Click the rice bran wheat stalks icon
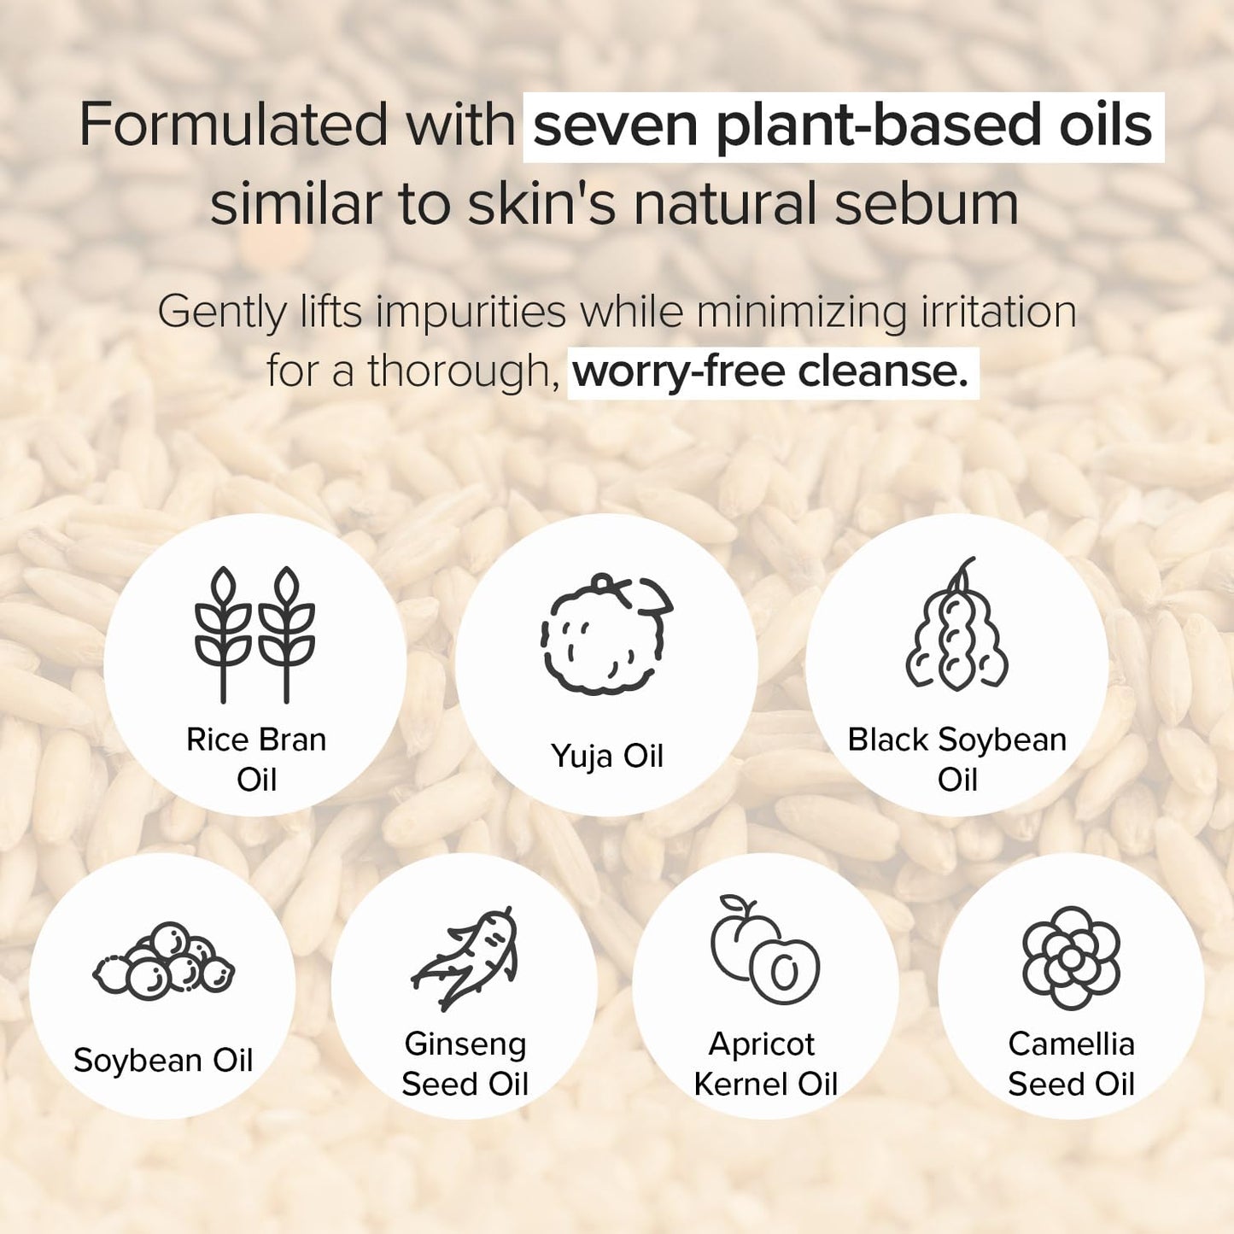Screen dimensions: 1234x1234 click(254, 635)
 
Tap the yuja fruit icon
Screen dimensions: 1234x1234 click(606, 634)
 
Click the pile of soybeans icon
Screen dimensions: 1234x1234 click(164, 962)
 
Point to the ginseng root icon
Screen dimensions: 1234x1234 click(466, 958)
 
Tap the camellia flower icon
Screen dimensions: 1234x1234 click(1071, 957)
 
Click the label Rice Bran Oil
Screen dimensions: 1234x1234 click(256, 759)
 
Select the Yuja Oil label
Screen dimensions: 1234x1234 click(606, 757)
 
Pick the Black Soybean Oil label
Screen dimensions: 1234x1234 click(957, 759)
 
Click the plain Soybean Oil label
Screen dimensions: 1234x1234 click(163, 1061)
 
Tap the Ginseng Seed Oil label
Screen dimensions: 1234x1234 click(465, 1064)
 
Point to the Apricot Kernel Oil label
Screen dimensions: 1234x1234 click(765, 1064)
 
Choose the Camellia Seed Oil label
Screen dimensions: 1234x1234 click(1071, 1064)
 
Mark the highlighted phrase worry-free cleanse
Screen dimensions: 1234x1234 click(771, 371)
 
